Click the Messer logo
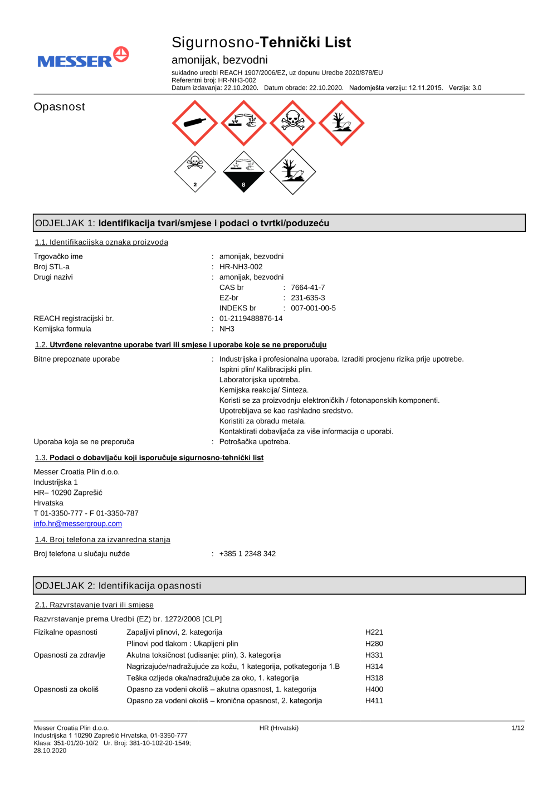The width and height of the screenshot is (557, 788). tap(83, 58)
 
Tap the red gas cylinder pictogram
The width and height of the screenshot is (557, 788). tap(195, 123)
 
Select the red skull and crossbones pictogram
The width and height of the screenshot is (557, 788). tap(292, 123)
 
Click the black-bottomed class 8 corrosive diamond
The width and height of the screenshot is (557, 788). tap(243, 172)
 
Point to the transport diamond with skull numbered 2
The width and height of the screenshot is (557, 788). tap(195, 172)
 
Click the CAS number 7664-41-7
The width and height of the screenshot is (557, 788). tap(307, 288)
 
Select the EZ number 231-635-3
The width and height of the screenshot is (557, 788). tap(307, 298)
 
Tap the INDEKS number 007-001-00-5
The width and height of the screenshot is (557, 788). tap(313, 308)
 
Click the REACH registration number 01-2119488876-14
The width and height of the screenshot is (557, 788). tap(251, 319)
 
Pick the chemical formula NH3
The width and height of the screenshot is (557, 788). tap(227, 329)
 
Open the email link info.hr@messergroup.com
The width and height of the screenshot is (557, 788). tap(77, 524)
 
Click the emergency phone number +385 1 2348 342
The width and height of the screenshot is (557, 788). tap(247, 554)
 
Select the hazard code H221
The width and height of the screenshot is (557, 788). tap(374, 633)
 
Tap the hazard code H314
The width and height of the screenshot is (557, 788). tap(374, 667)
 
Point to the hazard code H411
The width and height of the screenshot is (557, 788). tap(374, 701)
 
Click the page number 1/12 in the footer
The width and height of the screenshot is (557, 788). tap(517, 728)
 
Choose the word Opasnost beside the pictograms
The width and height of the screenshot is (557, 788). tap(59, 107)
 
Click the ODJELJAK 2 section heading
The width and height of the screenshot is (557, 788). tap(118, 586)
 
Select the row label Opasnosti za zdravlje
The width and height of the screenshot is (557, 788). tap(69, 655)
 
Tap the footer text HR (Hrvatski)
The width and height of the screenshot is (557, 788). tap(278, 728)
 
